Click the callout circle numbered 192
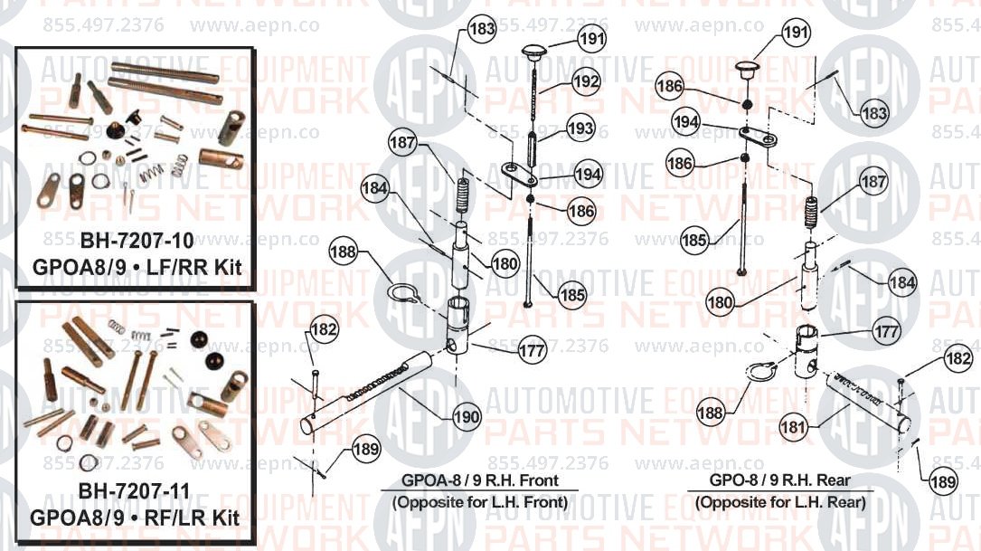(x=586, y=81)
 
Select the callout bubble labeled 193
(x=580, y=128)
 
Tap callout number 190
(x=467, y=417)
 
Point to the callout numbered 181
(x=793, y=428)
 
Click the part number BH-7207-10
(x=137, y=241)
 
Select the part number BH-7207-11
(x=134, y=491)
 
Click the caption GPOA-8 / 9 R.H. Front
(x=480, y=480)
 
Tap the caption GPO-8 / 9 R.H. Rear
(x=779, y=480)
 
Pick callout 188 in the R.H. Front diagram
(x=343, y=252)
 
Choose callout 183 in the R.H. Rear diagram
(x=874, y=113)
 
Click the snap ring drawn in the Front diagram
(x=401, y=291)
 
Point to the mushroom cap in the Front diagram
(x=533, y=52)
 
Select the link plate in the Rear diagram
(x=757, y=135)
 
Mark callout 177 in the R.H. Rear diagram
(x=887, y=331)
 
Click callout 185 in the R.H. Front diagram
(x=572, y=294)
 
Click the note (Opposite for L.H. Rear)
(x=780, y=502)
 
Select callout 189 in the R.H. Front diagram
(x=366, y=449)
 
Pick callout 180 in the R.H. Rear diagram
(x=720, y=302)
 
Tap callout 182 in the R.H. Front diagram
(x=324, y=329)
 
